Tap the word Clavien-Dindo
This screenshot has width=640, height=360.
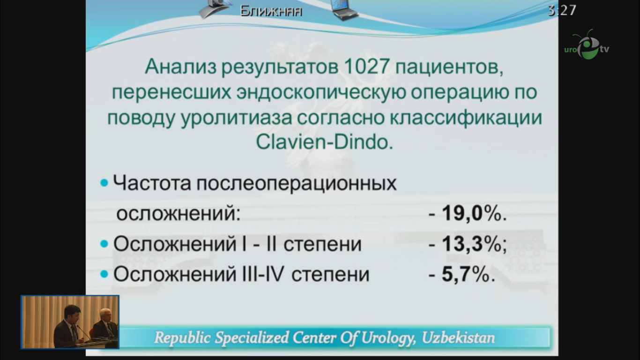323,142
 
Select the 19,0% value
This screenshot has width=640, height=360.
469,214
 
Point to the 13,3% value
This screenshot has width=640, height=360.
469,244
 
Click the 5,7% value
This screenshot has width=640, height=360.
463,275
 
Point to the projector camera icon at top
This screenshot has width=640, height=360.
216,8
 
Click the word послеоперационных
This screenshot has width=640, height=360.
296,183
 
